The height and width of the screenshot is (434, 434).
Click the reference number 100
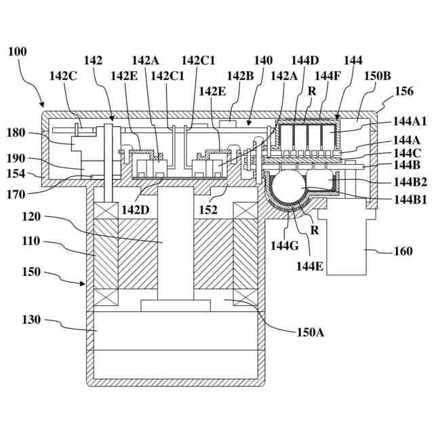coord(18,52)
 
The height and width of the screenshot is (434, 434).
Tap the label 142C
coord(63,76)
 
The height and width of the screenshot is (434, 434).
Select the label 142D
coord(136,210)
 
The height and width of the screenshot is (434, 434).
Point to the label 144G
coord(285,245)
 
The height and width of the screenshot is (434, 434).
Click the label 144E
coord(310,267)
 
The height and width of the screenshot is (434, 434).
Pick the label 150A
coord(311,332)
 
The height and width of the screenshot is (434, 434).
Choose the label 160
coord(403,251)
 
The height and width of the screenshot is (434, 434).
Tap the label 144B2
coord(410,182)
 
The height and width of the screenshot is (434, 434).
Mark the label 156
coord(404,91)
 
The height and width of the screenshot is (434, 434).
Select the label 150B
coord(377,76)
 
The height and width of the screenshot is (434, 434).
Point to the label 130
coord(31,319)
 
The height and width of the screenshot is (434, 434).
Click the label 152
coord(208,210)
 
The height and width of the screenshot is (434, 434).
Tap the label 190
coord(16,159)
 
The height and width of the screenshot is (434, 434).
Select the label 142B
coord(240,76)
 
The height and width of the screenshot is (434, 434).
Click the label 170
coord(16,195)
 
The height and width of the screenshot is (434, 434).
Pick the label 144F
coord(328,76)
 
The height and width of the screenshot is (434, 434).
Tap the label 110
coord(31,241)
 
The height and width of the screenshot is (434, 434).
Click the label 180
coord(16,133)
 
